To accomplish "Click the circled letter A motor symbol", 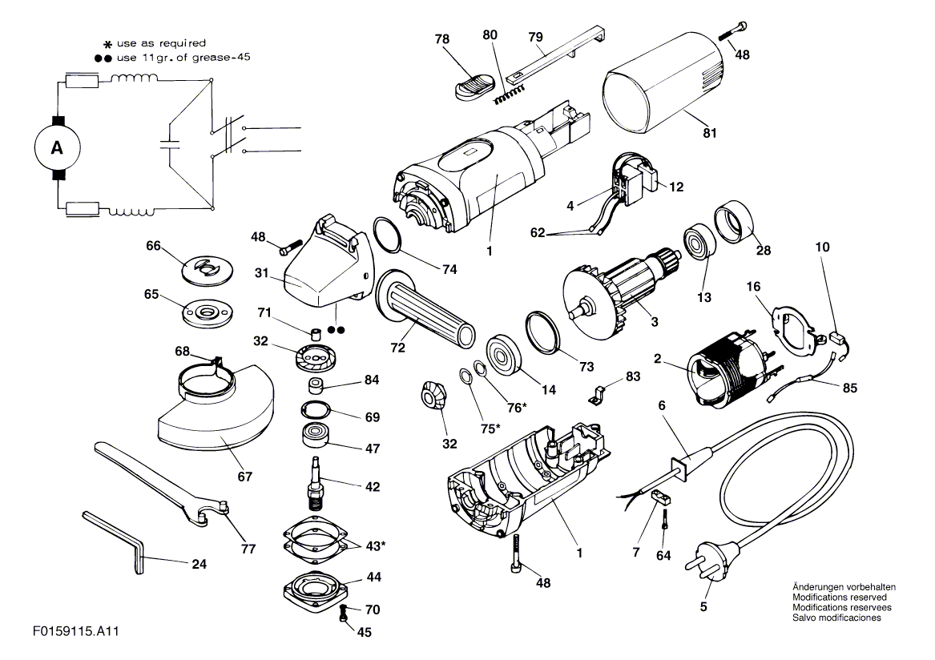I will pyautogui.click(x=56, y=147).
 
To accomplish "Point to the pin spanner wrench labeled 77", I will pyautogui.click(x=160, y=481).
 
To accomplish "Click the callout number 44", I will pyautogui.click(x=373, y=577).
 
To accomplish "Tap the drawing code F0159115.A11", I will pyautogui.click(x=76, y=632).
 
